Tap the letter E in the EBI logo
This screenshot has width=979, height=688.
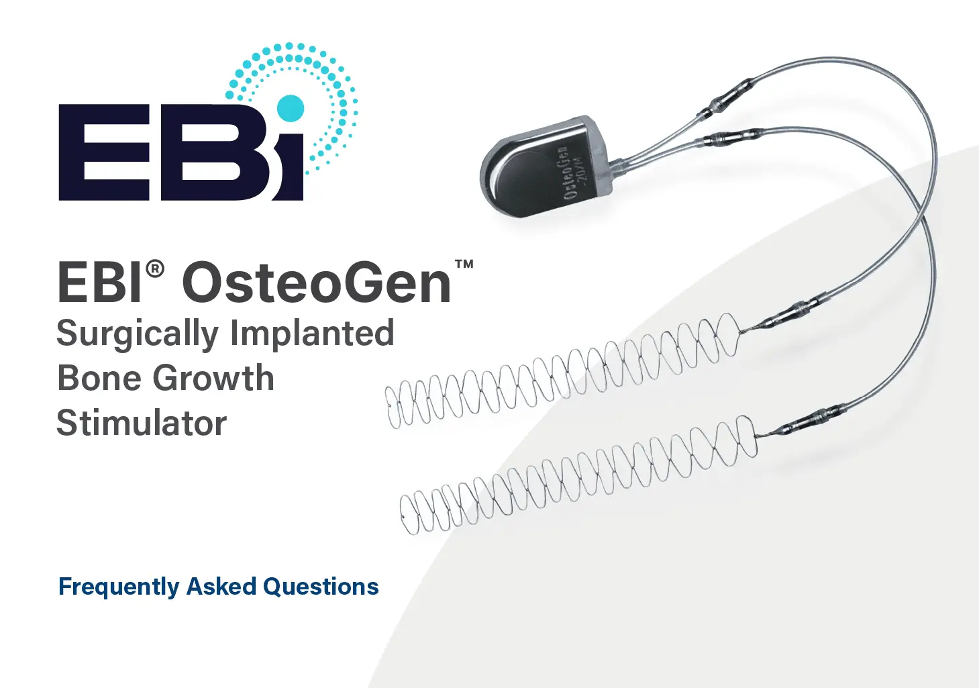pos(105,152)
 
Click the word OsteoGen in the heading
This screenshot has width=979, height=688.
pos(316,283)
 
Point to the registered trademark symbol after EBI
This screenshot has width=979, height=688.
pos(155,268)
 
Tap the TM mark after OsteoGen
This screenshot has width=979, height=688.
pos(464,264)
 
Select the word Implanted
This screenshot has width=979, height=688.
pos(312,334)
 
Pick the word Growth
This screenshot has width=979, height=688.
pos(213,378)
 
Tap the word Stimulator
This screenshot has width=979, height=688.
pos(142,423)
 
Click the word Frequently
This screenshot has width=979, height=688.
pos(119,587)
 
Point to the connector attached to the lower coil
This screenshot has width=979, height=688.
pos(803,422)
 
